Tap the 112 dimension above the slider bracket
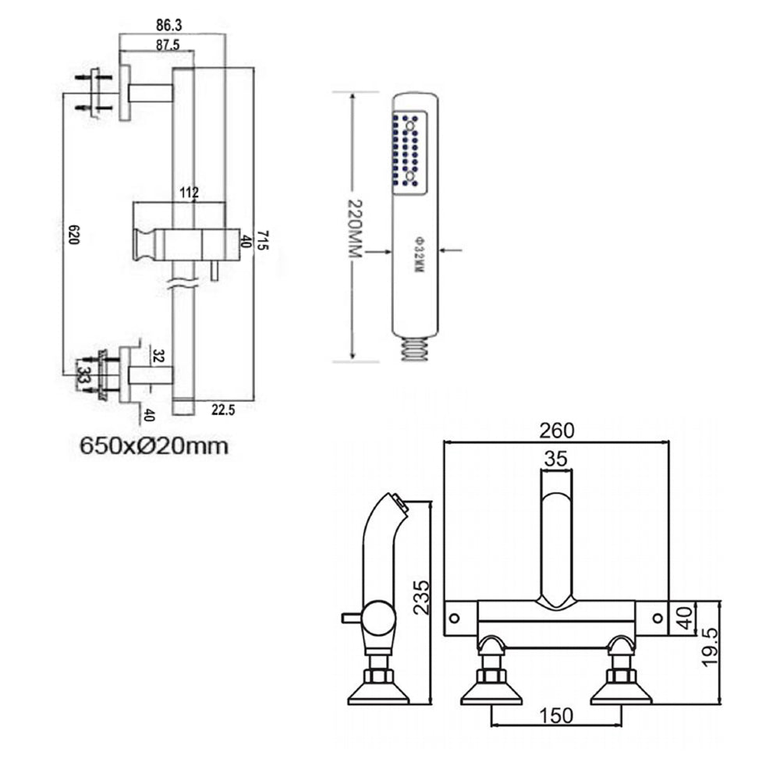point(189,193)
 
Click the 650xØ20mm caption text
point(154,446)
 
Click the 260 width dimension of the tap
point(556,430)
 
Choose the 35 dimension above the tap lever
point(556,459)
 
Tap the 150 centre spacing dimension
point(555,715)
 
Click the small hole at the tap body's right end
point(658,618)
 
